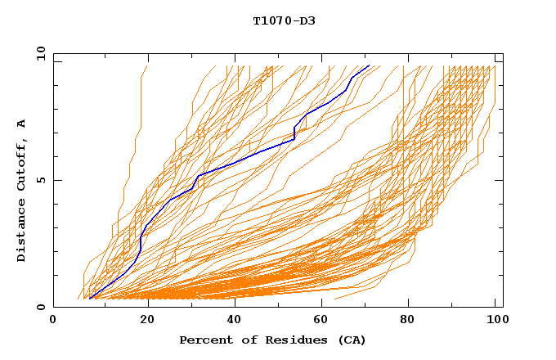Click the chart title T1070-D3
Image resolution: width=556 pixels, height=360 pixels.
click(284, 20)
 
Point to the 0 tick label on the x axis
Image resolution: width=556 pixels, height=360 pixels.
click(53, 320)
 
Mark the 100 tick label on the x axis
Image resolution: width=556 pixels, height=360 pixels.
click(495, 320)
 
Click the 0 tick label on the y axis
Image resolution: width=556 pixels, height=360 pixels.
click(40, 308)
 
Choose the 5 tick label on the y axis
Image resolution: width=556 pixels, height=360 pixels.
click(40, 180)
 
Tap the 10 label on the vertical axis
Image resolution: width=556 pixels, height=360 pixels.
click(38, 53)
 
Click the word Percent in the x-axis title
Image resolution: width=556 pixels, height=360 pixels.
click(203, 340)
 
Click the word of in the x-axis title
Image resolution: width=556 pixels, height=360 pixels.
click(244, 340)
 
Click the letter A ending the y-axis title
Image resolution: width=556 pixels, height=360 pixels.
click(21, 123)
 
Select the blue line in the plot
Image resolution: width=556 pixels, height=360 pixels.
click(245, 158)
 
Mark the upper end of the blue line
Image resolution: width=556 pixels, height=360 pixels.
click(369, 65)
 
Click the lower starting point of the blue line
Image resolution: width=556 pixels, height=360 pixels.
click(90, 299)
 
